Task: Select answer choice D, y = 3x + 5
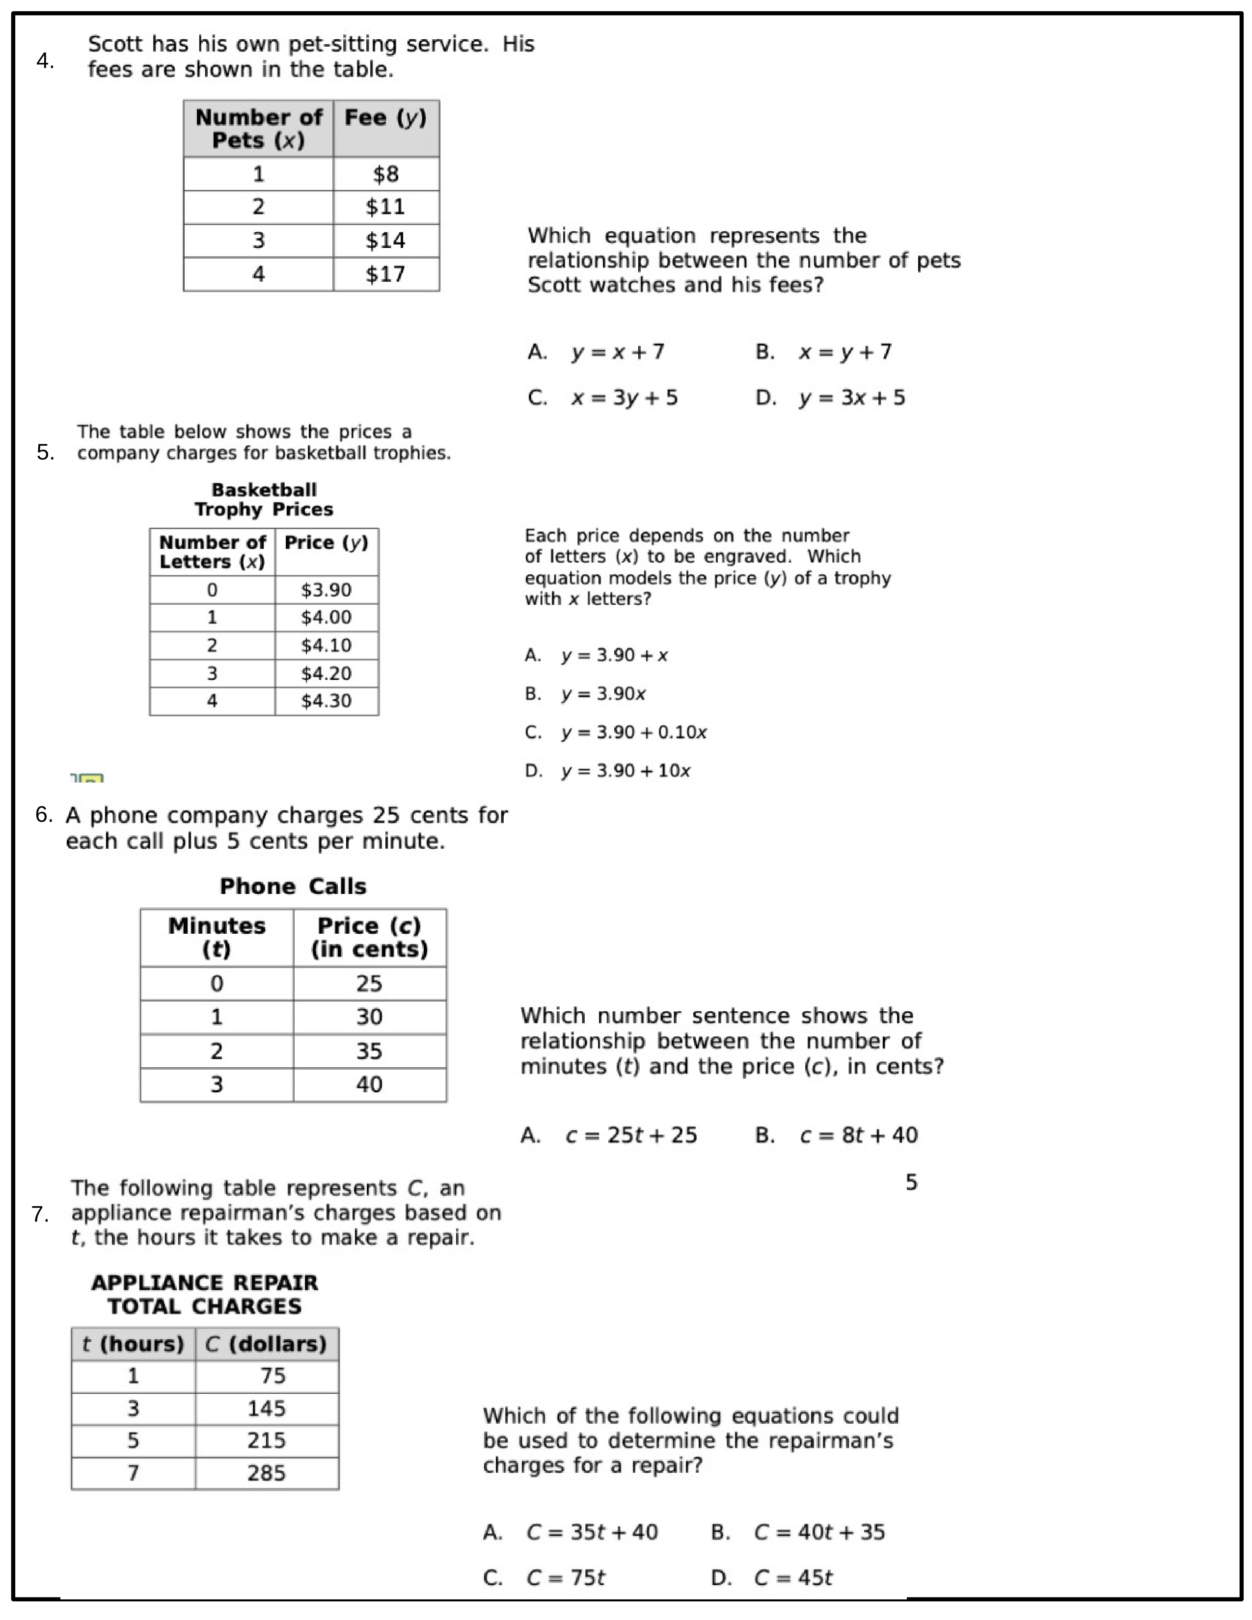click(x=851, y=398)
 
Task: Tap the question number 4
click(x=45, y=61)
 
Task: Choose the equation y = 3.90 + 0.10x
click(x=633, y=732)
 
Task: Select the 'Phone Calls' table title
click(x=293, y=887)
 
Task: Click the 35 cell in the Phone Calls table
click(x=369, y=1051)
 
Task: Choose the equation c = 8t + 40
click(x=858, y=1135)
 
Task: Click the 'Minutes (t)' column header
click(x=217, y=937)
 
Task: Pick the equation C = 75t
click(x=565, y=1578)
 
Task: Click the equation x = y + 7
click(x=845, y=351)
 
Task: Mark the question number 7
click(x=40, y=1214)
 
